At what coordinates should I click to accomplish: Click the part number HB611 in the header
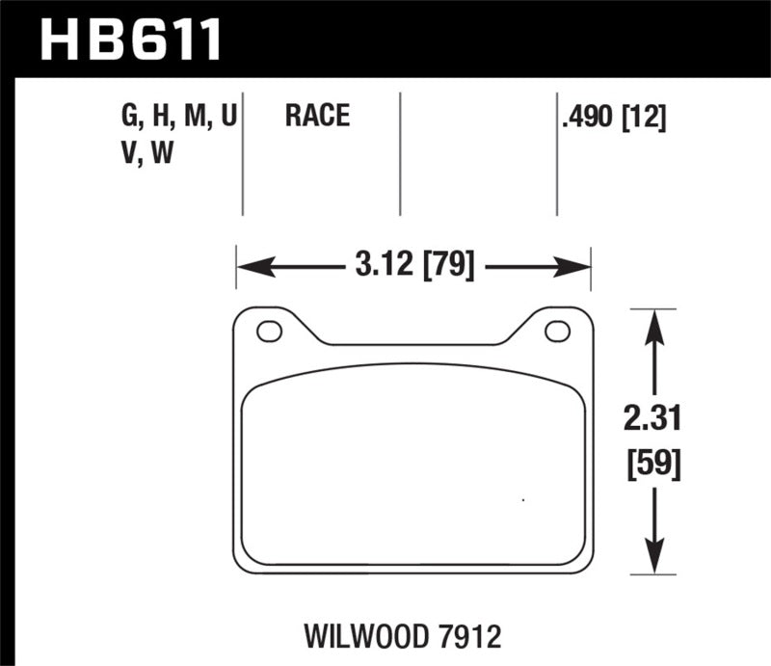coord(130,41)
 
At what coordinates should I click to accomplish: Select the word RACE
coord(316,118)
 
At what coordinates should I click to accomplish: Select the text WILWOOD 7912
coord(416,636)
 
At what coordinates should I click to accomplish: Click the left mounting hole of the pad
coord(269,332)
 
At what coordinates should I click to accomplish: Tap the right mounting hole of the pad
coord(557,332)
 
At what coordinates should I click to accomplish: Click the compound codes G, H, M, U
coord(179,118)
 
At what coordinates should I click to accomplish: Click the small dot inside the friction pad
coord(522,499)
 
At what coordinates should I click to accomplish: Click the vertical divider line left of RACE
coord(243,154)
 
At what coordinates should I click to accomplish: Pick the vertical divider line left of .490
coord(557,154)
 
